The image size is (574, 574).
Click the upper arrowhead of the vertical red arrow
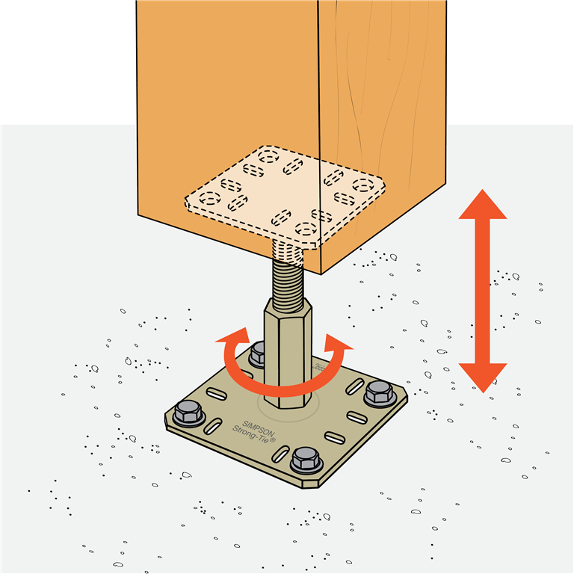click(x=482, y=206)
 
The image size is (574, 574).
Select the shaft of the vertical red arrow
click(x=482, y=291)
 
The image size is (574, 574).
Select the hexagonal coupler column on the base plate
click(x=287, y=351)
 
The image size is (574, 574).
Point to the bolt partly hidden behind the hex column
click(x=259, y=351)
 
